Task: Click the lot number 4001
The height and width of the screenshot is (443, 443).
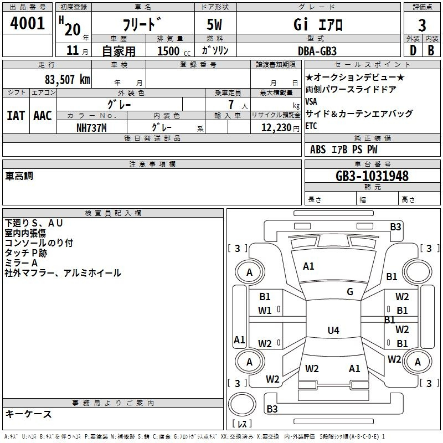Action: point(27,23)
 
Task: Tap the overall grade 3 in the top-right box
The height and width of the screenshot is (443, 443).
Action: point(422,25)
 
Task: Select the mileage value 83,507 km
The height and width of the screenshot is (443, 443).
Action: point(68,80)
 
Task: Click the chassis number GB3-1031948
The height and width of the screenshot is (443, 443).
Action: point(372,176)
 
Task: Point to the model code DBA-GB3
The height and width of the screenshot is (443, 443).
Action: point(317,51)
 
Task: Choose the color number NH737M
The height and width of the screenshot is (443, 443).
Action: point(91,128)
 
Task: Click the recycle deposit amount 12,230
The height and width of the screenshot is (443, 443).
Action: point(276,128)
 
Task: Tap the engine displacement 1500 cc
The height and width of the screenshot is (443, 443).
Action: point(174,51)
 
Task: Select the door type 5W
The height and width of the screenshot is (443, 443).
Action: point(214,24)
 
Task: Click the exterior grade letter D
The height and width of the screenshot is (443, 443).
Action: point(413,50)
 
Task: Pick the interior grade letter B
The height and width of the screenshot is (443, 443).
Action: point(431,50)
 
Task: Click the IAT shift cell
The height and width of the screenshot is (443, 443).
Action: point(16,116)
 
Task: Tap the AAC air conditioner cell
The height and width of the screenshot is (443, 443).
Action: point(43,116)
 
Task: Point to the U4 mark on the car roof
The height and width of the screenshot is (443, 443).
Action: point(333,330)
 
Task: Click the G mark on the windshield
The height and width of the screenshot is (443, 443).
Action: point(350,292)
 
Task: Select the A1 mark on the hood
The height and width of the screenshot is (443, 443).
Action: point(308,266)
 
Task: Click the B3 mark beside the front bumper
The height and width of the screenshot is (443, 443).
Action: point(395,227)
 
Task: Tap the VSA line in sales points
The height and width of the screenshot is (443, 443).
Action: point(311,101)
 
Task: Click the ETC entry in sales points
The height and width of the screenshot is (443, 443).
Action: point(311,126)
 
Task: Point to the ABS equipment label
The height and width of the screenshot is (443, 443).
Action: point(318,150)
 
